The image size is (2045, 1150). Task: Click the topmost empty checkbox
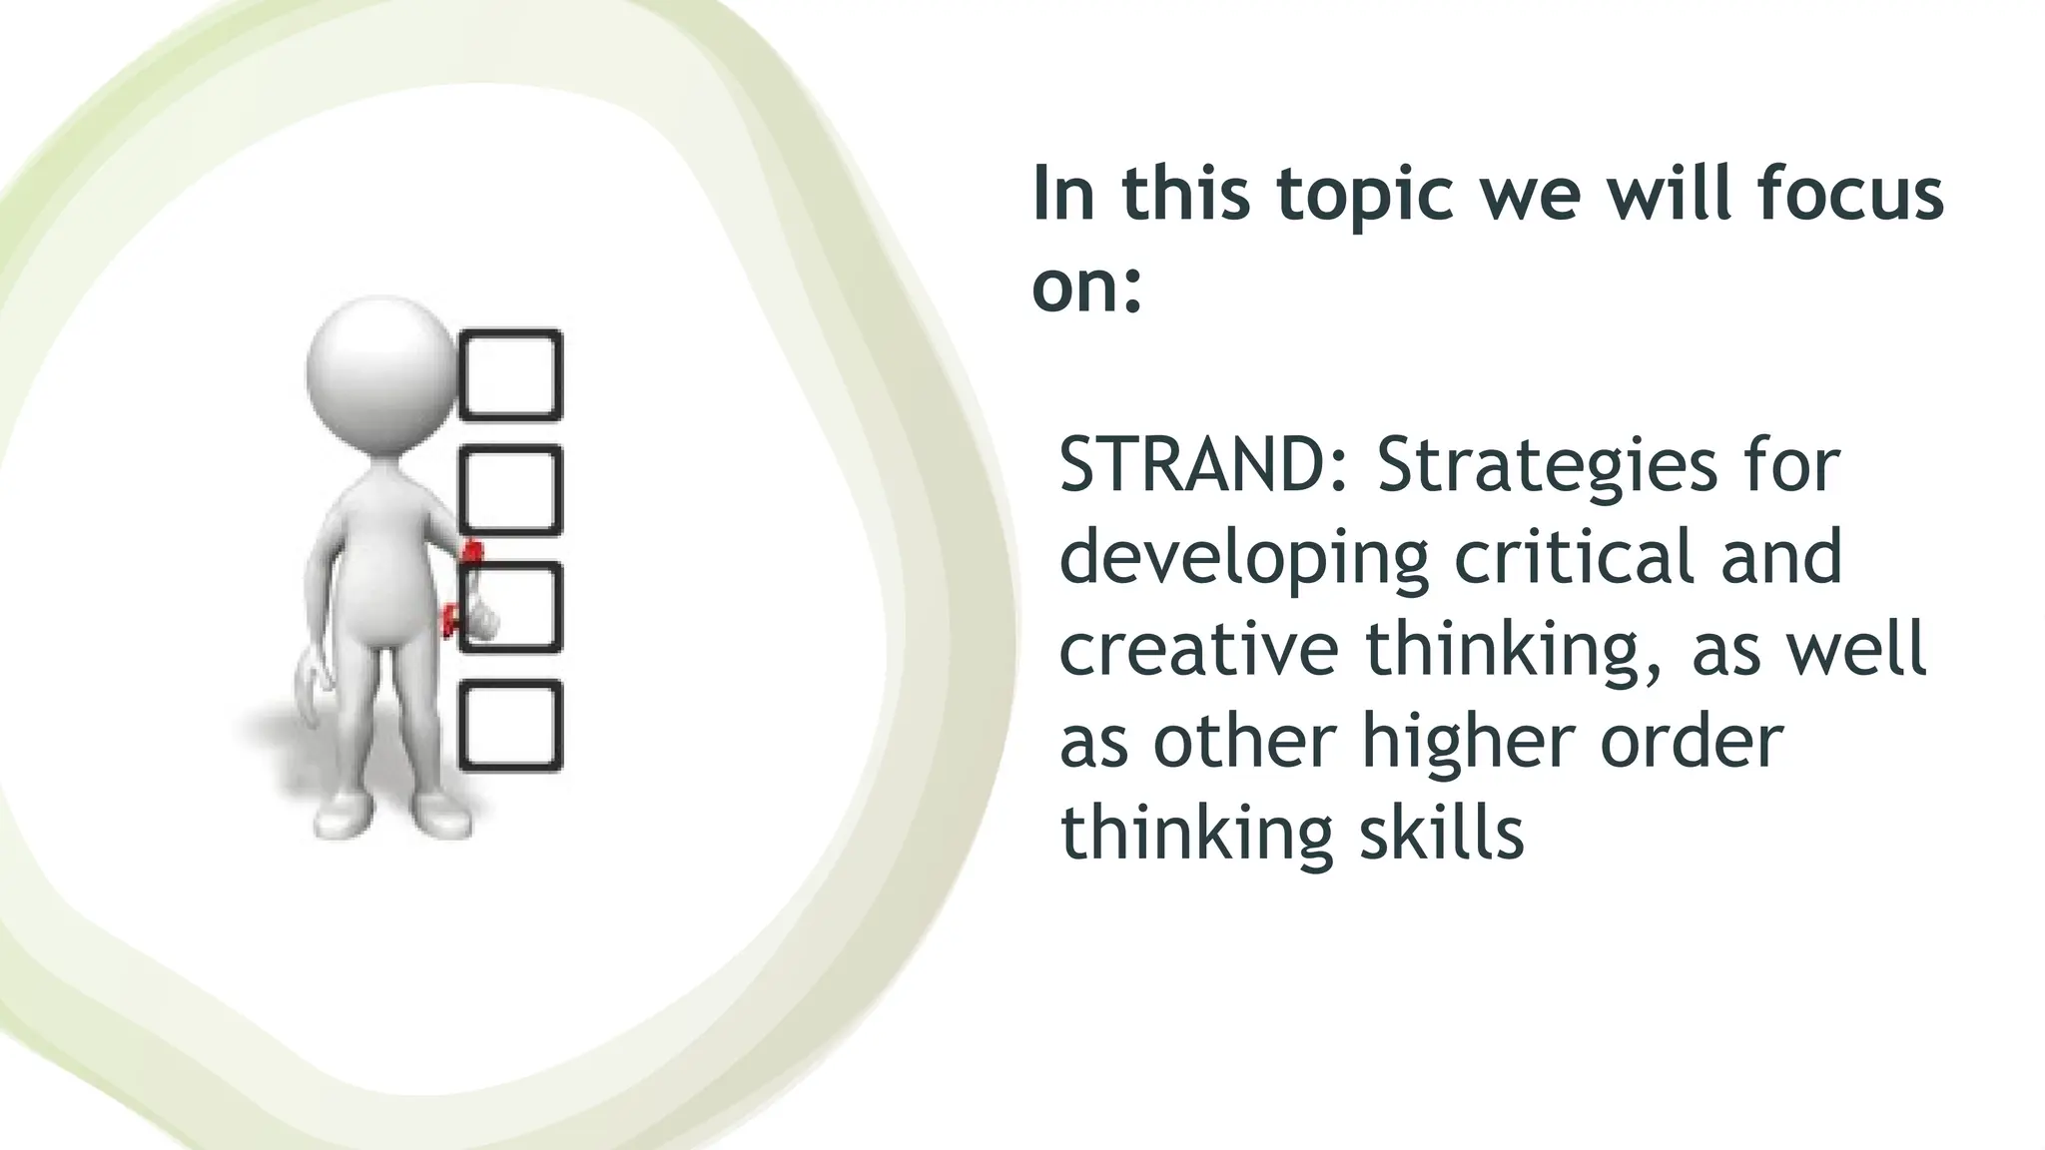[510, 374]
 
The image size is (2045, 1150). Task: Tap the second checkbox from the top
[510, 490]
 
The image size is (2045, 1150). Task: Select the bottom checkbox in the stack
[510, 726]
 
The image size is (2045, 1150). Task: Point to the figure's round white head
[380, 370]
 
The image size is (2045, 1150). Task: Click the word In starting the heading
[1063, 195]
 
